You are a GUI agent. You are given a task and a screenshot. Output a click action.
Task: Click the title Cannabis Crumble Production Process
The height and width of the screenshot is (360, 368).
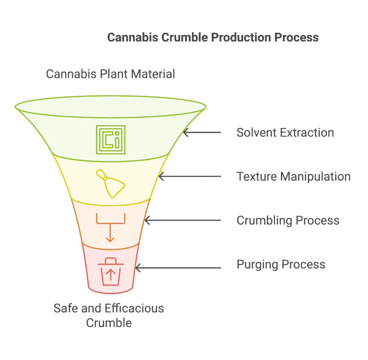213,37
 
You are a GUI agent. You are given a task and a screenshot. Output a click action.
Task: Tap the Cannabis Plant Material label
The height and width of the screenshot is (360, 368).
111,74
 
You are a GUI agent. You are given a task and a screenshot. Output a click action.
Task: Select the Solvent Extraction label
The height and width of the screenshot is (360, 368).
285,133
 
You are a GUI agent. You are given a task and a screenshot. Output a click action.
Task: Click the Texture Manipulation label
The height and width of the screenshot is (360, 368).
294,177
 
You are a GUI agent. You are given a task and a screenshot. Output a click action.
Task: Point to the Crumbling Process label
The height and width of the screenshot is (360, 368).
288,220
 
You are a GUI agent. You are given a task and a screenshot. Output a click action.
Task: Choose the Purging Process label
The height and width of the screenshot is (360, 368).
281,265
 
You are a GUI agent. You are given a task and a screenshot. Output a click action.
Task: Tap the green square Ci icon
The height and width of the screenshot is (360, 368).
111,140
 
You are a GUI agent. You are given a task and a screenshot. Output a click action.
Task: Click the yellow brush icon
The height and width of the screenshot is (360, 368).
111,183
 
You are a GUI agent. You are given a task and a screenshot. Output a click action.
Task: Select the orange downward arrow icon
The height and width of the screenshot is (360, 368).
110,228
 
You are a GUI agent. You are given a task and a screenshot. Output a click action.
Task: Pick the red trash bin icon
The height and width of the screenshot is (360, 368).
111,272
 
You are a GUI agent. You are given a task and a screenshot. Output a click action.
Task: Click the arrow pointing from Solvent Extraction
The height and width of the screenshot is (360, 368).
202,132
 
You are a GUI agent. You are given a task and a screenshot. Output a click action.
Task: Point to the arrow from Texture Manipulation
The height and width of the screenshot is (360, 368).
190,176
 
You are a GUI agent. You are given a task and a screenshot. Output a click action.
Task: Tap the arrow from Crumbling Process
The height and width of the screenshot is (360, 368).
183,220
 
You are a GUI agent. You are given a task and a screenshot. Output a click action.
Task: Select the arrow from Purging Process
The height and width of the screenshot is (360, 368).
178,268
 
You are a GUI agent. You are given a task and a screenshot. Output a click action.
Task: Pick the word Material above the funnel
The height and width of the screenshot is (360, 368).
153,74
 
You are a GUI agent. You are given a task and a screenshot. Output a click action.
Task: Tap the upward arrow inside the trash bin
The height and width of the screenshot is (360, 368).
111,275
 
